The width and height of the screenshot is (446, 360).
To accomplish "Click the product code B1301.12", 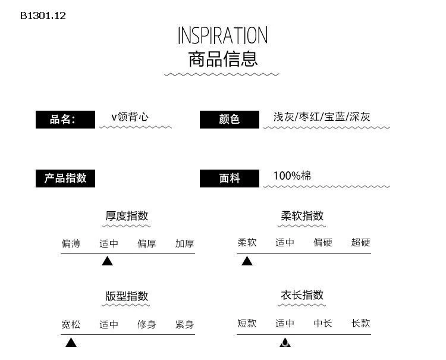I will (x=43, y=16).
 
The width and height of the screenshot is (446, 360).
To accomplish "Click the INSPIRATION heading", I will (x=222, y=36).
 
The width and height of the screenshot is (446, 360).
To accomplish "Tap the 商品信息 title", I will (x=222, y=59).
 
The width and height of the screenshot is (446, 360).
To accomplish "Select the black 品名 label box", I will (x=65, y=120).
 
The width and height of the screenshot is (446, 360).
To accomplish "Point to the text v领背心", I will (x=130, y=117).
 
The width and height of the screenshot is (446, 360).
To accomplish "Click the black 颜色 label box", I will (x=229, y=120).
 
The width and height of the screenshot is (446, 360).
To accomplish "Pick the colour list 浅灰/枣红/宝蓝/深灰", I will (x=322, y=117).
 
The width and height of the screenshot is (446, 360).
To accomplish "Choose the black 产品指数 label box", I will (x=65, y=179).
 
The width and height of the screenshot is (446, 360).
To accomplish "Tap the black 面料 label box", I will (x=229, y=179).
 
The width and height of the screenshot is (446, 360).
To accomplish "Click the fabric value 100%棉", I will (x=292, y=176).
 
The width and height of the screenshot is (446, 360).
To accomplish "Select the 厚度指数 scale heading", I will (x=127, y=216).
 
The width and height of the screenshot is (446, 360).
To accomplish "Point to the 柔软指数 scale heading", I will (x=302, y=216).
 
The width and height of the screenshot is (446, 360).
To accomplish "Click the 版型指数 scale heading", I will (x=127, y=296).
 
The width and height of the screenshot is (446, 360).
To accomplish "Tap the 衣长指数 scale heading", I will (x=302, y=295).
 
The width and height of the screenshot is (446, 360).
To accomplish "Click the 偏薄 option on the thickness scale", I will (x=71, y=243).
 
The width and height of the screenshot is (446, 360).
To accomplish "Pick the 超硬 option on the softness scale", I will (x=360, y=242).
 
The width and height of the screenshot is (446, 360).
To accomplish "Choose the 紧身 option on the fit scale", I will (x=184, y=324).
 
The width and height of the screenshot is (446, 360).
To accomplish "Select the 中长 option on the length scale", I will (x=323, y=323).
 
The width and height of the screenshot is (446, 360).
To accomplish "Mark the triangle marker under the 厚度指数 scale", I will (x=107, y=261).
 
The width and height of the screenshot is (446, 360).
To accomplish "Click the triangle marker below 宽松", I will (x=71, y=342).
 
